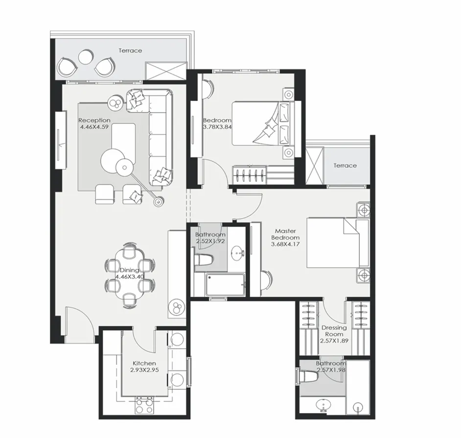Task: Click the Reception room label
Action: (x=94, y=120)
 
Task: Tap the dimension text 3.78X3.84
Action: (x=217, y=127)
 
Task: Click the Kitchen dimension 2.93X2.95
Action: (x=144, y=370)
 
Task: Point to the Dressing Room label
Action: (x=334, y=331)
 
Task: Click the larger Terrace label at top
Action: (x=130, y=50)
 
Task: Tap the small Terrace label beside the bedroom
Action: (x=345, y=166)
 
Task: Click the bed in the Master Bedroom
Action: (x=338, y=243)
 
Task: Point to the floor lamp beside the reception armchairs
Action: (x=159, y=201)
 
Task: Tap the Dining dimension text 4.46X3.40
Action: (x=129, y=277)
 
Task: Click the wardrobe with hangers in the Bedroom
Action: (x=250, y=174)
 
